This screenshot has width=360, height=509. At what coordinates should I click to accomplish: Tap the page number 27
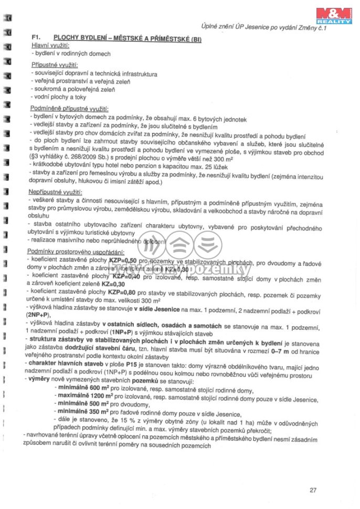pyautogui.click(x=313, y=491)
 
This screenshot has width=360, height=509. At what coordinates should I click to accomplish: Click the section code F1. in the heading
pyautogui.click(x=37, y=38)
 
